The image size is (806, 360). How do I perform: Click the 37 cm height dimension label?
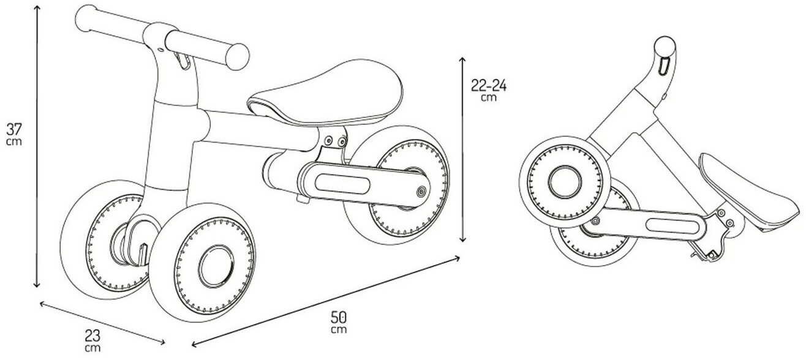click(14, 134)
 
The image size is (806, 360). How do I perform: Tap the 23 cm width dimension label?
click(93, 340)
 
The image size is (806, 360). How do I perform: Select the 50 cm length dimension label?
click(339, 322)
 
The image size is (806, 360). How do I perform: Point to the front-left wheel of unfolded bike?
click(104, 239)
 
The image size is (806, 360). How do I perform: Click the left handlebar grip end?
click(87, 19)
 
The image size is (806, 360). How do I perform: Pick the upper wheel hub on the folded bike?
click(565, 182)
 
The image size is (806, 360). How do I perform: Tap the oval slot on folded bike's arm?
click(672, 226)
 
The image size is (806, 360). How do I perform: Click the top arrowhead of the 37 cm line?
click(36, 8)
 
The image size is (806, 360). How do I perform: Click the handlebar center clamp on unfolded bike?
click(157, 37)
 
